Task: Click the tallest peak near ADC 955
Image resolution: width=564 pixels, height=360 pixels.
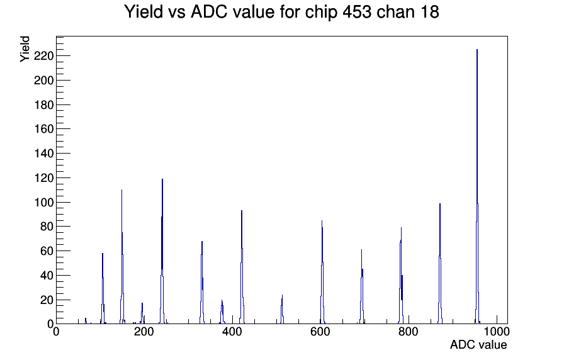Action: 477,187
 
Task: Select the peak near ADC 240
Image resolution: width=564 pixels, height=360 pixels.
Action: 162,252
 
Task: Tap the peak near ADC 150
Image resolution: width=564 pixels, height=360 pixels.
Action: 122,257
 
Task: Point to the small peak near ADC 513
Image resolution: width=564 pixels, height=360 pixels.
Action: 282,309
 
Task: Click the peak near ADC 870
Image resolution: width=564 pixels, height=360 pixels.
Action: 440,264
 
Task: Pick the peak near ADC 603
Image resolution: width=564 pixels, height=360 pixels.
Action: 322,273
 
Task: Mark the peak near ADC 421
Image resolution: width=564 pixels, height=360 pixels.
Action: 242,267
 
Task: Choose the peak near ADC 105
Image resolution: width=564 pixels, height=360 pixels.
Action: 103,288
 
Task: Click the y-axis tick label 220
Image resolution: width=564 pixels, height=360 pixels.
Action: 43,56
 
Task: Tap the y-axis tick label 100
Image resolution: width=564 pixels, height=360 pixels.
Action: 43,203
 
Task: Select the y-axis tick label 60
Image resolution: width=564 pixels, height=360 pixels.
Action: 47,251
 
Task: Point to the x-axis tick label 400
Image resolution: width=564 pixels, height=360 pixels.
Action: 232,332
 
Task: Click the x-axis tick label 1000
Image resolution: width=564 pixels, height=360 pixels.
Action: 497,332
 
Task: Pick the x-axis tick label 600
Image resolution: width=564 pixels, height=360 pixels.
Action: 320,332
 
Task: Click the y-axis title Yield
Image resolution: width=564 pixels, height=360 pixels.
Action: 25,49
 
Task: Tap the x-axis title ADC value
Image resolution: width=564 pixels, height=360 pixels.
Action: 478,344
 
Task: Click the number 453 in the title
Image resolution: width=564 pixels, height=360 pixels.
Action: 357,12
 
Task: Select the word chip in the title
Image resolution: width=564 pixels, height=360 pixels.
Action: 320,13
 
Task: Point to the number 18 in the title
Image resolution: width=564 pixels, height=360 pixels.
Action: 429,12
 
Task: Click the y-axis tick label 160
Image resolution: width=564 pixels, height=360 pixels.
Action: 43,129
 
